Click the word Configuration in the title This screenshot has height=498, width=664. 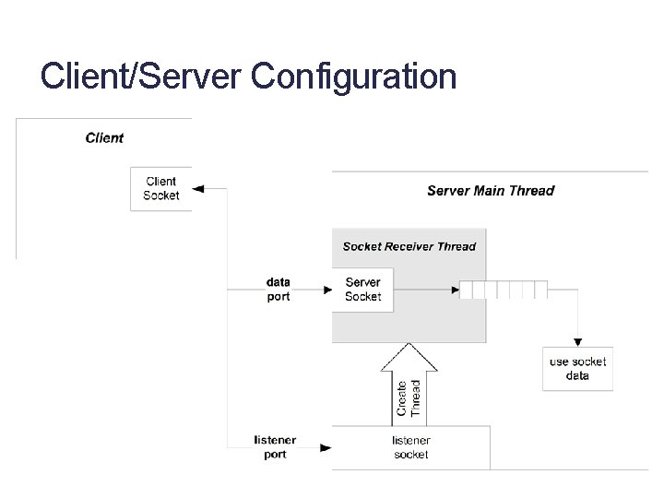pos(353,77)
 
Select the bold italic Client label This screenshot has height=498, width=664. pos(104,138)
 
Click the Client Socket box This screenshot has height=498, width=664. pos(161,189)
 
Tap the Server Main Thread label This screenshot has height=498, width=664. pos(491,191)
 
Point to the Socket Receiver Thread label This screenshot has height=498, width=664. pos(409,246)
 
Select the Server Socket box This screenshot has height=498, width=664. pos(362,290)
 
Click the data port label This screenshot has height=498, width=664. pos(278,290)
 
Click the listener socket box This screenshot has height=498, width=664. pos(410,447)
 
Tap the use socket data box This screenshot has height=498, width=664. pos(577,369)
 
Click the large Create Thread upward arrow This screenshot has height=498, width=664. pos(409,383)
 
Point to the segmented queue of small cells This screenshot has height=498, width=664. pos(504,290)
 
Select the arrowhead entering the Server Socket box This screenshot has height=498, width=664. pos(326,290)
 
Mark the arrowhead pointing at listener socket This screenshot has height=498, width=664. pos(326,447)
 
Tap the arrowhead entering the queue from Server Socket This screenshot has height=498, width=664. pos(455,290)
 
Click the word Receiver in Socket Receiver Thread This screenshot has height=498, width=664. pos(410,246)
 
